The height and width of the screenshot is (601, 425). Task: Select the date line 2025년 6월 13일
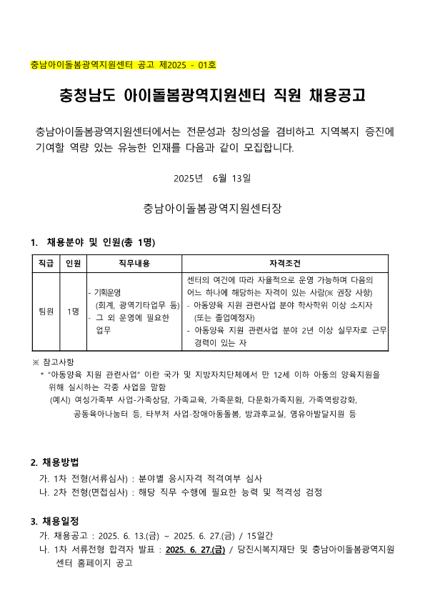[212, 177]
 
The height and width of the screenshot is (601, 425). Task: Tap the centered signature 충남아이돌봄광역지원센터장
[212, 209]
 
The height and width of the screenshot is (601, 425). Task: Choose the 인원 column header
[73, 264]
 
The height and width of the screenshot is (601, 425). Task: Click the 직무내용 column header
[134, 264]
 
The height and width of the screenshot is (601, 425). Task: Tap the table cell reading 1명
[73, 312]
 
